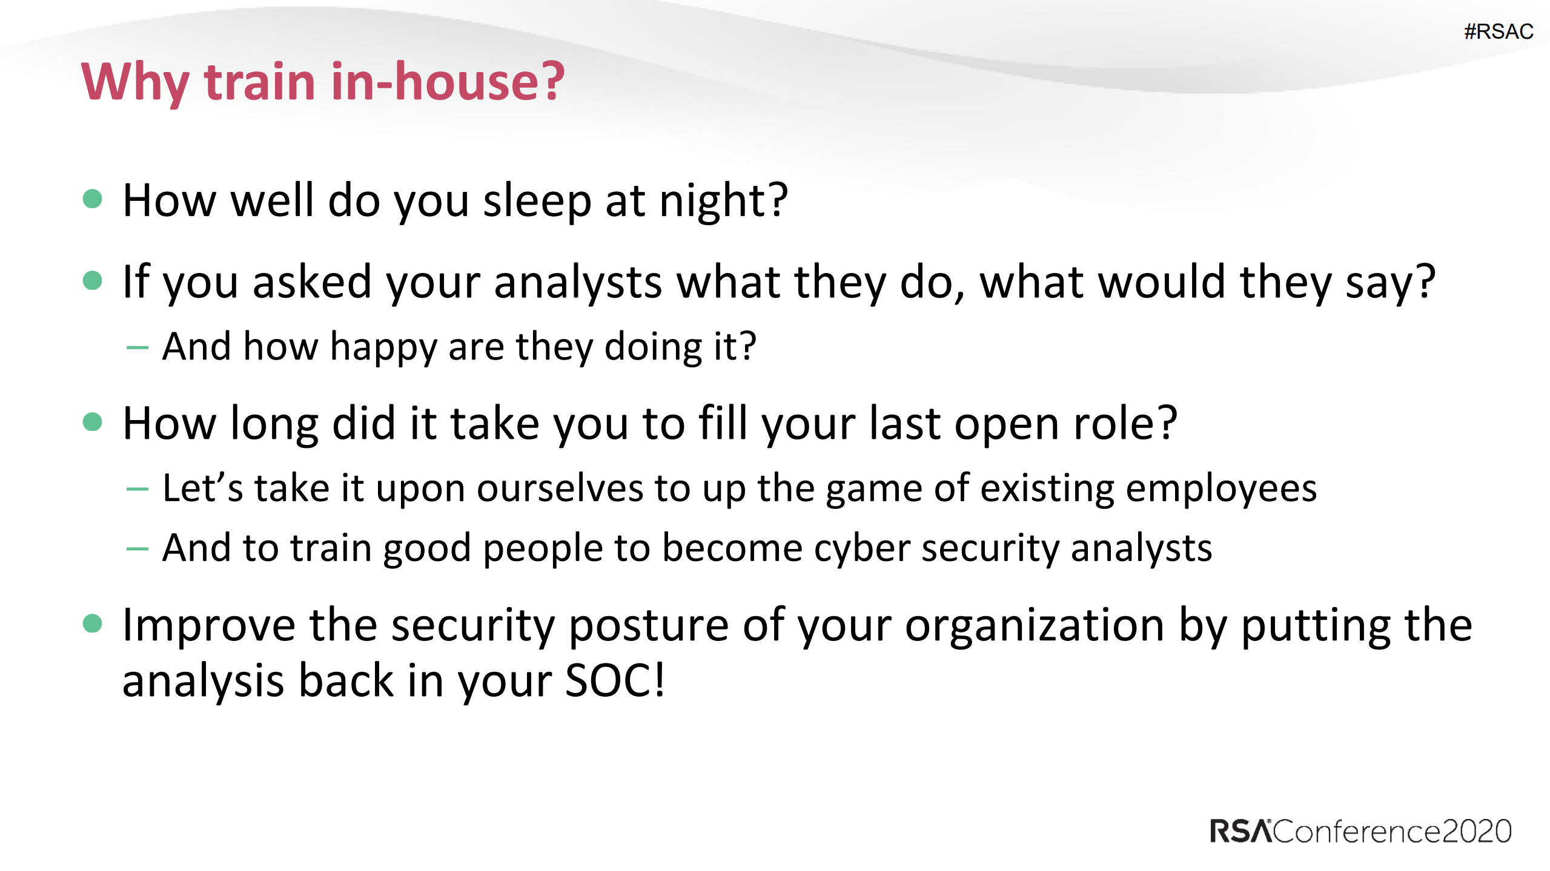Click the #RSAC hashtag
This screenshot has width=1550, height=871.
point(1498,31)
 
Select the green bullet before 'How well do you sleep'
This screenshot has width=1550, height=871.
point(92,199)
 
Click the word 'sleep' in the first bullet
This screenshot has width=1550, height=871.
point(537,202)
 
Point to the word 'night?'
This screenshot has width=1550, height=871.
point(723,202)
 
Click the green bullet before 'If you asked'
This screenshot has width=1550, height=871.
point(92,280)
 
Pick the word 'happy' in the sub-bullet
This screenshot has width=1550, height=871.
point(383,348)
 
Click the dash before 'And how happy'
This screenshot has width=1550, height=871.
point(137,348)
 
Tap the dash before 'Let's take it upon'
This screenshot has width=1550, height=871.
point(137,489)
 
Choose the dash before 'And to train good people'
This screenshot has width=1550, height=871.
point(137,549)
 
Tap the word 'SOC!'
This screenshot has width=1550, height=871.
point(615,681)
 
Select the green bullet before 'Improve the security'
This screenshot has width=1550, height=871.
point(92,623)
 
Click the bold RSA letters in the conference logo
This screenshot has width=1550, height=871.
point(1240,831)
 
